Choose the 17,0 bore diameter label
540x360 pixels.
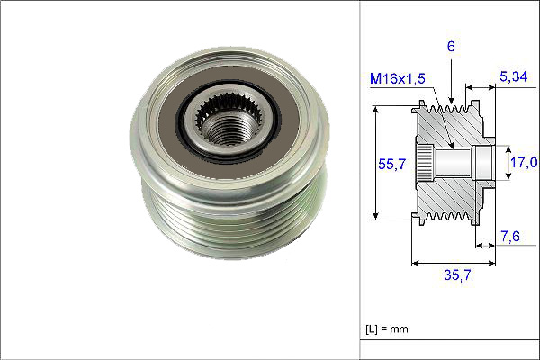(524, 163)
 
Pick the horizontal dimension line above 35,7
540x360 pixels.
(455, 264)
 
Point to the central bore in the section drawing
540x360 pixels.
(459, 163)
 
